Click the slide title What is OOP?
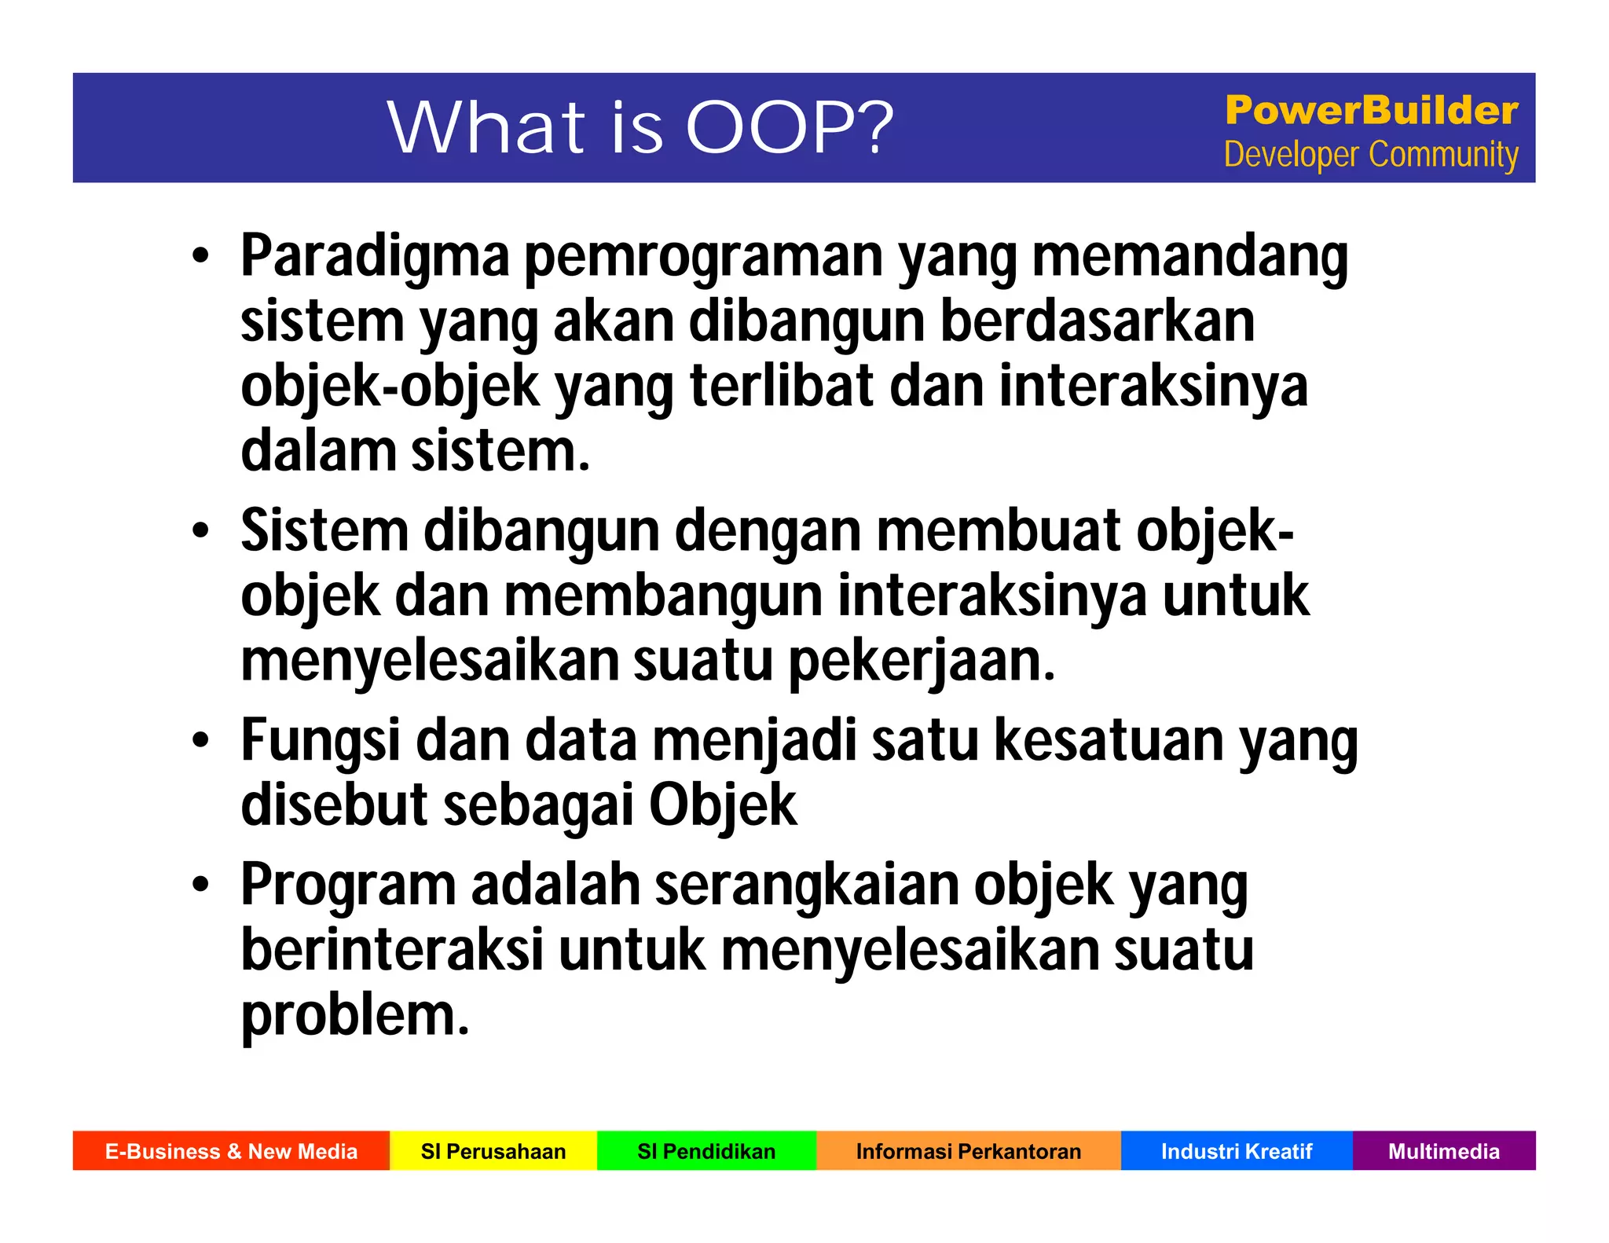(640, 127)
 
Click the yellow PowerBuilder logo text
(1371, 110)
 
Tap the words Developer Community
(1371, 155)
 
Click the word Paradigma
(375, 256)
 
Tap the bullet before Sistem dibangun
(201, 530)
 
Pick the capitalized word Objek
(722, 806)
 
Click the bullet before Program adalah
(201, 884)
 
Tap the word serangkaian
(807, 885)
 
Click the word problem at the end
(354, 1017)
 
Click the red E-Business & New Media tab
(231, 1151)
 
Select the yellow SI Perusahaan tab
(493, 1151)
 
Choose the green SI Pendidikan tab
(706, 1151)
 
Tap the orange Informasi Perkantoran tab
(968, 1151)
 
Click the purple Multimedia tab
(1443, 1151)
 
